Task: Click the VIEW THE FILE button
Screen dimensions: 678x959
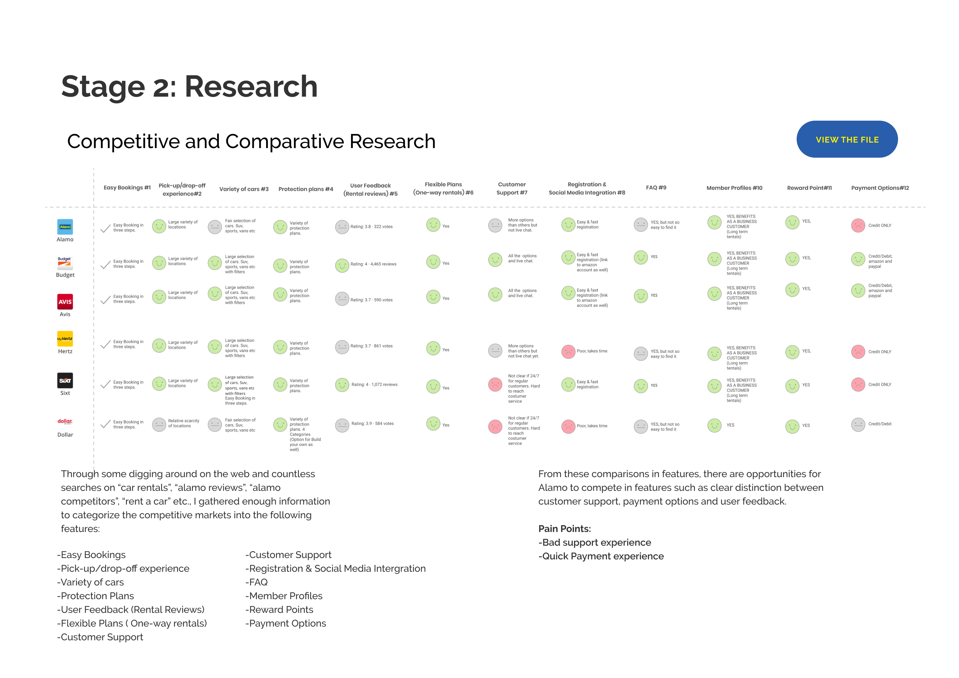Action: coord(847,139)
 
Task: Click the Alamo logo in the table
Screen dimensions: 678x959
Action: coord(65,227)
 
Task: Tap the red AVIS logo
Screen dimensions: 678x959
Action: coord(65,301)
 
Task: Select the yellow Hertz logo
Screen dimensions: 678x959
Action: coord(65,339)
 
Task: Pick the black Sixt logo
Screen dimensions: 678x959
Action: coord(65,380)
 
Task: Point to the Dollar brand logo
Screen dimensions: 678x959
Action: coord(65,421)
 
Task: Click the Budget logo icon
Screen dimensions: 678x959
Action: coord(65,263)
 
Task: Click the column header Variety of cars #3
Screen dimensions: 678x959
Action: coord(244,189)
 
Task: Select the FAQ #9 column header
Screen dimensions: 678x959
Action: coord(656,188)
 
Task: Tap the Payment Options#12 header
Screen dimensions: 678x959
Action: coord(880,188)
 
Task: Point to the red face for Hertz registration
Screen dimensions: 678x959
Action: coord(568,352)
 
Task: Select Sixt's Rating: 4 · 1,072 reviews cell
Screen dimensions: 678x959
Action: coord(374,385)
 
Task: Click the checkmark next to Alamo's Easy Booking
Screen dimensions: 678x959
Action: coord(106,228)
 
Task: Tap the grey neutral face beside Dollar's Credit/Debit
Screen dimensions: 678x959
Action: coord(858,425)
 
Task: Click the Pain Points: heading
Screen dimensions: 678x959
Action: coord(564,529)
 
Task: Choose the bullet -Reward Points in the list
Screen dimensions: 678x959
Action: coord(279,609)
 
